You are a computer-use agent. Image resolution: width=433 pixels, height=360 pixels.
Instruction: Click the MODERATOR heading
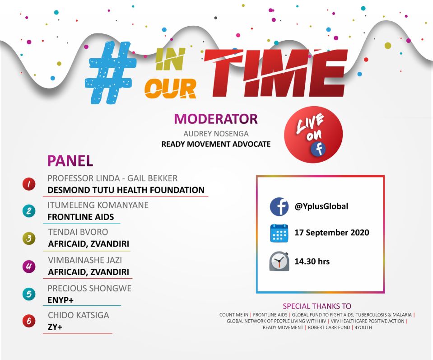[216, 119]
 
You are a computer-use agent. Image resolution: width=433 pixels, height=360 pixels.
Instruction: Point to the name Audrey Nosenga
[216, 134]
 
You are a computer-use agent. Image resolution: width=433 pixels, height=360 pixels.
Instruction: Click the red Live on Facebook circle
[313, 134]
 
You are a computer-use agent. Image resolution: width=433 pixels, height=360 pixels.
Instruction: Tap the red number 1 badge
[29, 184]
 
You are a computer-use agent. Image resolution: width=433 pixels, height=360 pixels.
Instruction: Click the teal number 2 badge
[29, 211]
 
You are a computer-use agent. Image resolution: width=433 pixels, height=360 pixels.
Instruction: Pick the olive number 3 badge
[29, 239]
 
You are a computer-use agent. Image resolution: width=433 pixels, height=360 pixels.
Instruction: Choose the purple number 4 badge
[29, 266]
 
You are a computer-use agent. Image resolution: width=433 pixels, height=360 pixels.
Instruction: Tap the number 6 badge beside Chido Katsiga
[29, 321]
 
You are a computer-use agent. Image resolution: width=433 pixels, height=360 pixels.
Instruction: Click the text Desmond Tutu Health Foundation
[126, 190]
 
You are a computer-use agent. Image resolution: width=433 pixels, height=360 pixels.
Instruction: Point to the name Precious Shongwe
[89, 288]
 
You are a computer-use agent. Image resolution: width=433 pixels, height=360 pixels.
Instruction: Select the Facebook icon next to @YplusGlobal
[279, 207]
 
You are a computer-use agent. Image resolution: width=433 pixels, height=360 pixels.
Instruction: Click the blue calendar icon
[279, 234]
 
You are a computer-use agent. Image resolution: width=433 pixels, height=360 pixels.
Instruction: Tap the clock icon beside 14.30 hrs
[279, 262]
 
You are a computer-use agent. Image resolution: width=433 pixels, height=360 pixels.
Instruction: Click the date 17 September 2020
[332, 233]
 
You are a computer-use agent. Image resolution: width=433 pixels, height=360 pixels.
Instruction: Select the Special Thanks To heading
[317, 306]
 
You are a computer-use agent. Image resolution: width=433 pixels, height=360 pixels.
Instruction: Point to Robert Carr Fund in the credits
[329, 327]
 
